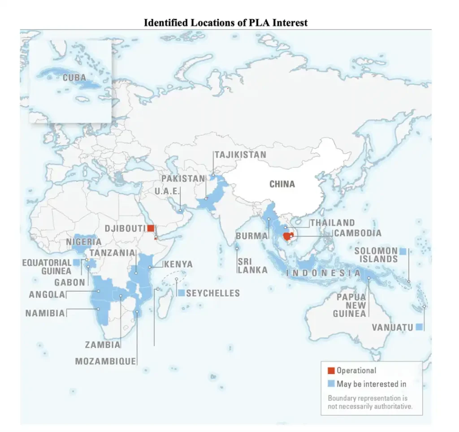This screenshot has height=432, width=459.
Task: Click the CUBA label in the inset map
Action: (74, 78)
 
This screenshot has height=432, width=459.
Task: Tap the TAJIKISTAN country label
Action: (240, 155)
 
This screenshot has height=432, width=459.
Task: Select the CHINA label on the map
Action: (282, 184)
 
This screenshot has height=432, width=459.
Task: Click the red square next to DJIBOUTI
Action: (151, 228)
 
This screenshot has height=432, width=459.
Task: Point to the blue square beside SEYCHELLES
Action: (181, 293)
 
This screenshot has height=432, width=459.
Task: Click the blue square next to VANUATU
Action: (419, 327)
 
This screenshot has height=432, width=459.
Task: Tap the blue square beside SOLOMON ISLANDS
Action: (403, 251)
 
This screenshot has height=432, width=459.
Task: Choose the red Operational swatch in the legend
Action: (331, 371)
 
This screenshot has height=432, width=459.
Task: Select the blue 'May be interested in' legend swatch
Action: (331, 384)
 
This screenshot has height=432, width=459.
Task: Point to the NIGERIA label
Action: (84, 242)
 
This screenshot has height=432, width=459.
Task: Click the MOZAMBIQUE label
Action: (105, 361)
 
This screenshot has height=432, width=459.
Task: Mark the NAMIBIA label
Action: (45, 313)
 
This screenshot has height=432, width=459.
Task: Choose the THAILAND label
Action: (332, 223)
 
